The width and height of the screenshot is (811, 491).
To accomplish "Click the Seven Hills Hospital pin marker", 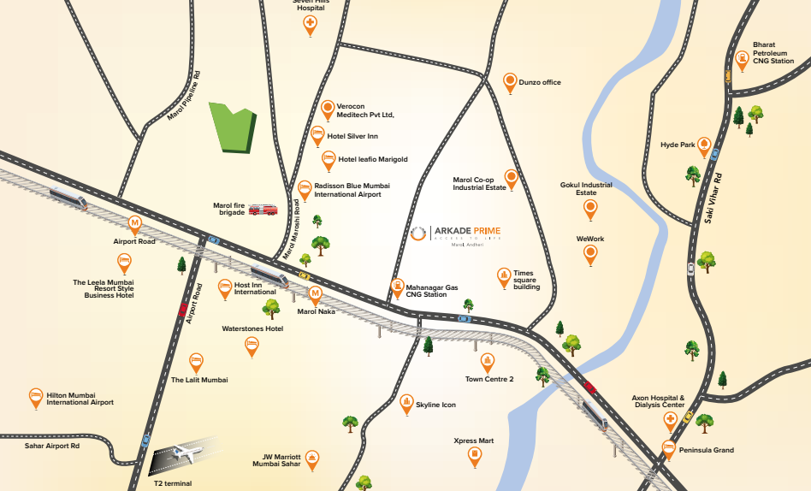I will click(311, 25).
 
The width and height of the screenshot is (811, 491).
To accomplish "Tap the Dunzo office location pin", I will click(510, 82).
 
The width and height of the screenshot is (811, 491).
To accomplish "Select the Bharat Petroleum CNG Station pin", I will click(742, 60).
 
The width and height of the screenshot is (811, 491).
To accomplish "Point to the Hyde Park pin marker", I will click(704, 145).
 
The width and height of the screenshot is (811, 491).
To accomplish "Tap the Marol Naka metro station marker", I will click(315, 294).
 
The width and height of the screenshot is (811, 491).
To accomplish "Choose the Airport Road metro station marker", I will click(134, 224).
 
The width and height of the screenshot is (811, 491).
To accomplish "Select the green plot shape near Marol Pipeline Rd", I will click(234, 129).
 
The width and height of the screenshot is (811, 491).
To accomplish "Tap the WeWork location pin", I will click(590, 254).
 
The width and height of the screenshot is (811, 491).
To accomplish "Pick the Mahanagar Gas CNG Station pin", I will click(397, 287).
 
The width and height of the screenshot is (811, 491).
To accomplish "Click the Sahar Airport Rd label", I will click(52, 446).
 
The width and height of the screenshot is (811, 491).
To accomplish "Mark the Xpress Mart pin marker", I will click(475, 457).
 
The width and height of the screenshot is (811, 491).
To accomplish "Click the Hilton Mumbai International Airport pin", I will click(36, 397).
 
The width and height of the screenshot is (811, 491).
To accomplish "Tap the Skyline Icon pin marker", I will click(406, 404).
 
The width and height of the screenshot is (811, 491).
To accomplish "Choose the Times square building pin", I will click(504, 276).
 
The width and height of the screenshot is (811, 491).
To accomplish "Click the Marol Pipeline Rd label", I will click(183, 94).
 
